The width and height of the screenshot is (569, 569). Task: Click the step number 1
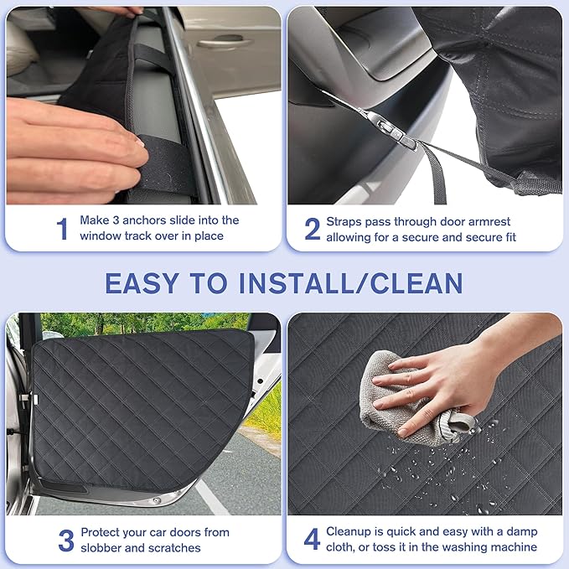62,228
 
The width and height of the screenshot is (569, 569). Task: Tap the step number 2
313,229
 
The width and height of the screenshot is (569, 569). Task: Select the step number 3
66,540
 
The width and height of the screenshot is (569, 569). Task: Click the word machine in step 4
512,547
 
